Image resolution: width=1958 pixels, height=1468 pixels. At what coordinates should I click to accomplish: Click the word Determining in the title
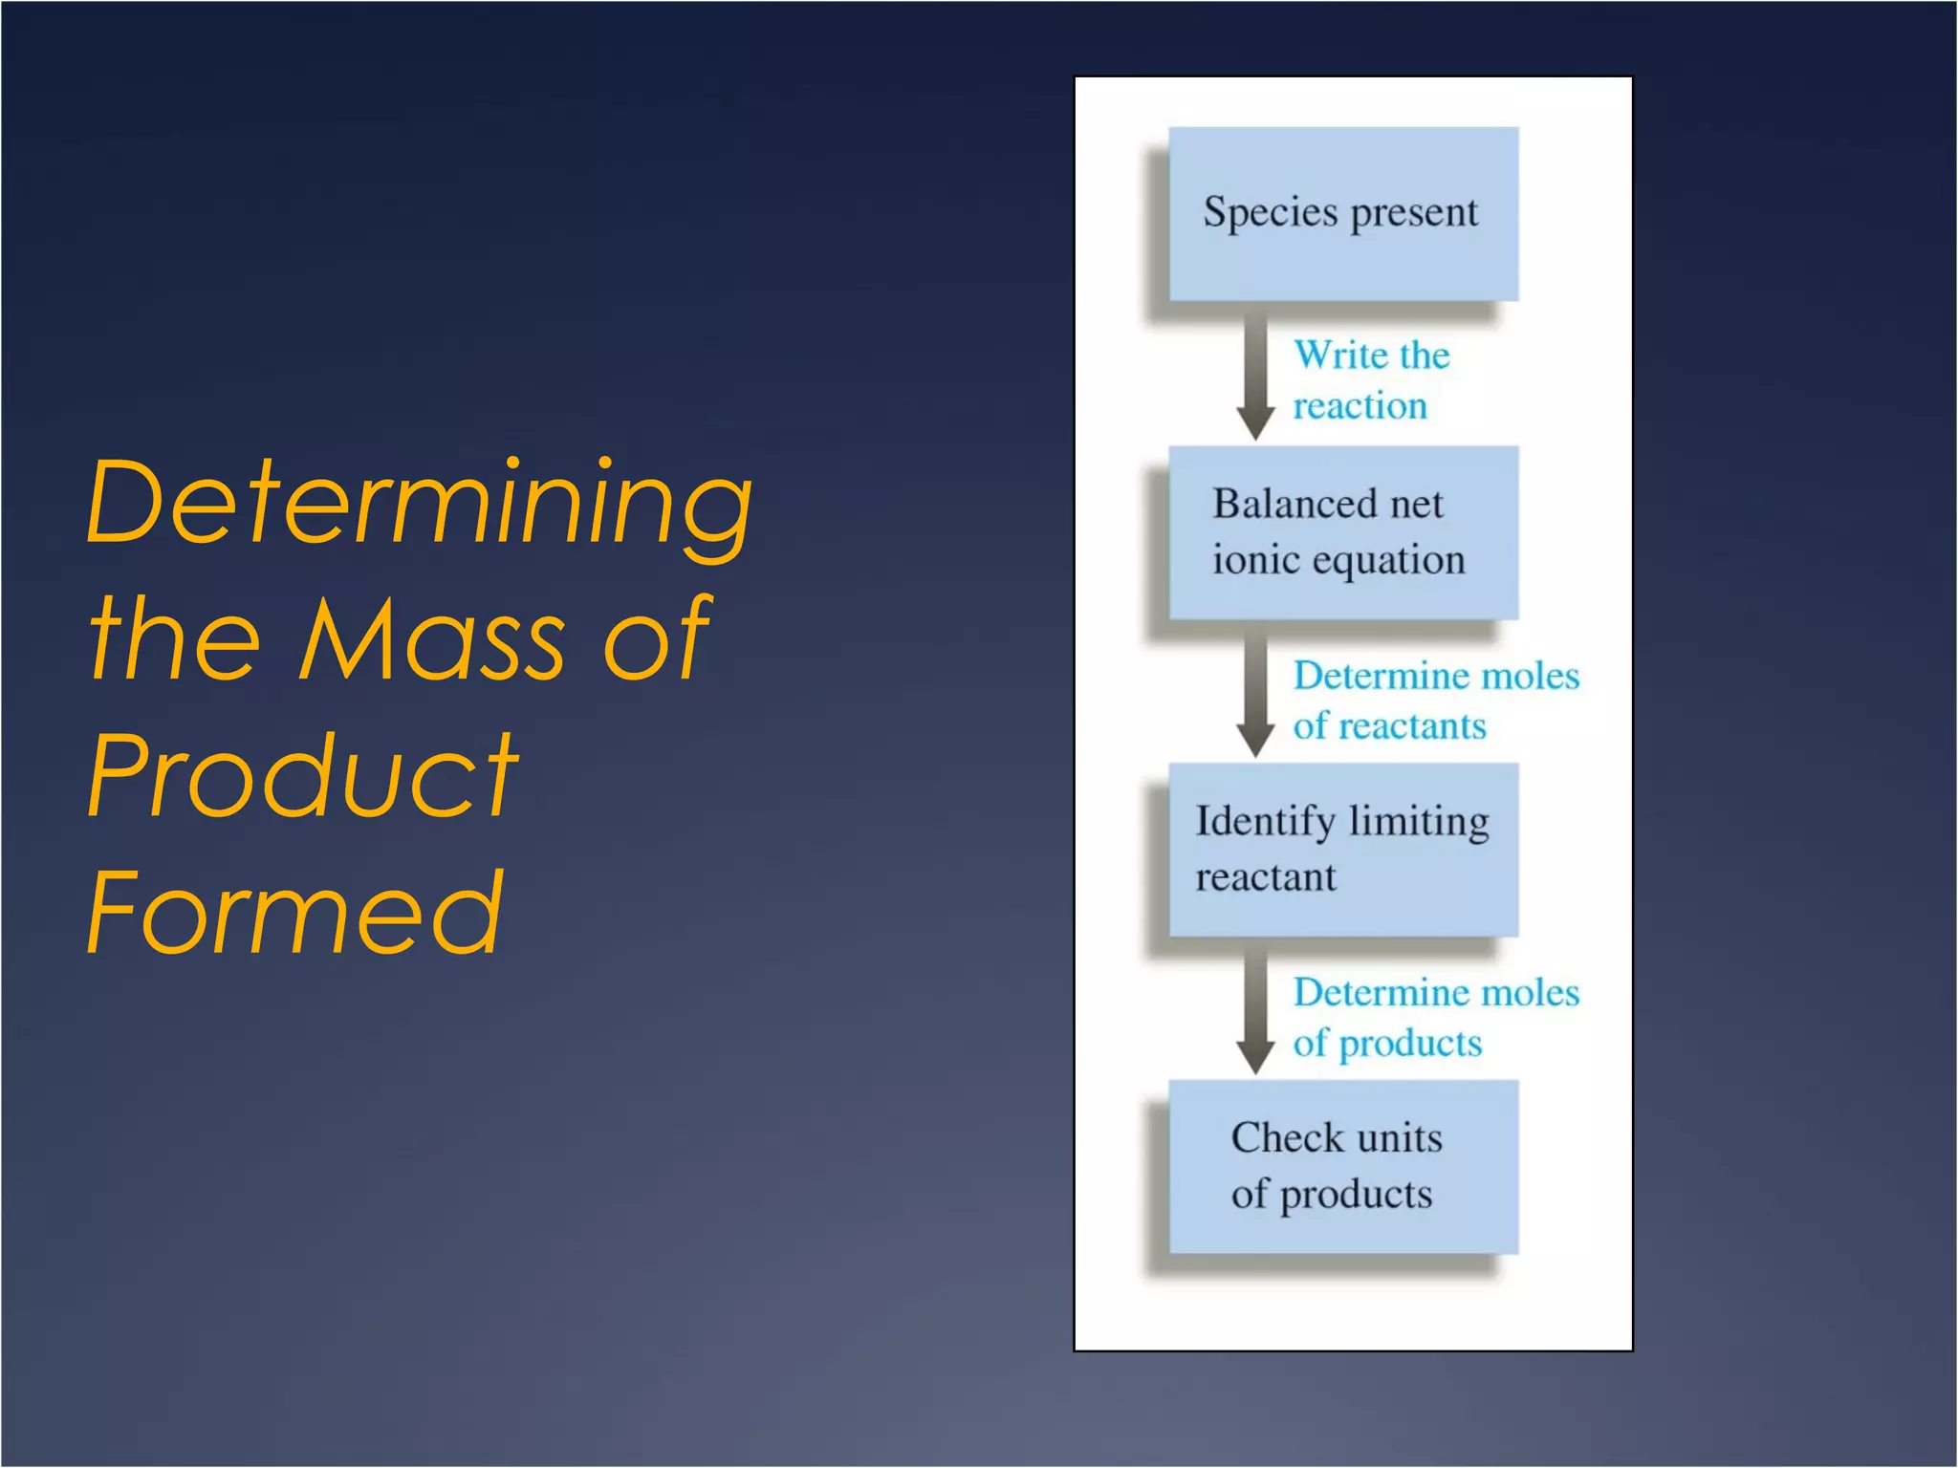419,504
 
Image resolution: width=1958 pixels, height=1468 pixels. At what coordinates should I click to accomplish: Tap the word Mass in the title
430,638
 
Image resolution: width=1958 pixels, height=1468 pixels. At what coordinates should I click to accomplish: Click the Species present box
1343,214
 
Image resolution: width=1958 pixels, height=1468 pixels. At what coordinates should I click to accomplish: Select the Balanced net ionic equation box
1343,532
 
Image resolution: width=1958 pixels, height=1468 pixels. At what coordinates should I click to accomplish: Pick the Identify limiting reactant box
1343,850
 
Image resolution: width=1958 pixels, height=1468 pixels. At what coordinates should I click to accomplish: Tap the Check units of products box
1343,1166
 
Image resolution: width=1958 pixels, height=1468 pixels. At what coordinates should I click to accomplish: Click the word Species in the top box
1270,213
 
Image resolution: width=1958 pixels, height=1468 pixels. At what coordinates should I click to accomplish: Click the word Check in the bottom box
1287,1138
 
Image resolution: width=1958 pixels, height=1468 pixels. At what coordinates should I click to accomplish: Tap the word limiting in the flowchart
1419,822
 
